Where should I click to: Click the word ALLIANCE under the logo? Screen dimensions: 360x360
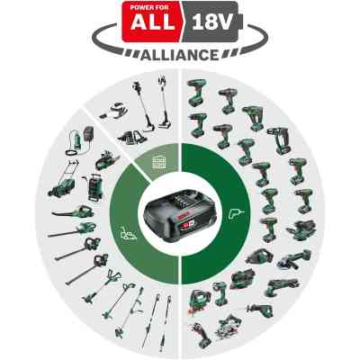click(x=180, y=55)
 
